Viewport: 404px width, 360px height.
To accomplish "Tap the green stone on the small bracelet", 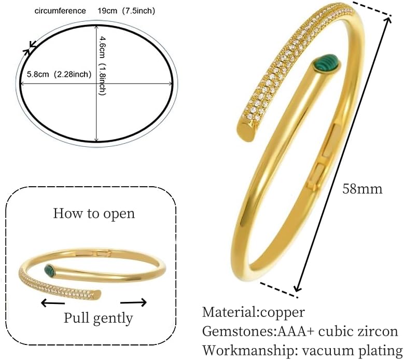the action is coord(51,270).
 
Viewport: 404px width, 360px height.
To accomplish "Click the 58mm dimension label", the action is coord(363,189).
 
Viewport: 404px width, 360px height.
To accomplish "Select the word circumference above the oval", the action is coord(60,11).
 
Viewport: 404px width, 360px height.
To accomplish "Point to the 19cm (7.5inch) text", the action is coord(126,11).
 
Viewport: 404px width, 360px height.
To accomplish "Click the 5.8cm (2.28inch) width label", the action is coord(59,75).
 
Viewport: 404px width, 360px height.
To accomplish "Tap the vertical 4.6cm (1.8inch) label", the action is coord(103,66).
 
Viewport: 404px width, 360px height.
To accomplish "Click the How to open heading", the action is coord(94,214).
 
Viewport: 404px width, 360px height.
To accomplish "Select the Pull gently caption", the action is coord(98,318).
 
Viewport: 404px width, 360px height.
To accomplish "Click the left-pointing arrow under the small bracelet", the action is coord(53,302).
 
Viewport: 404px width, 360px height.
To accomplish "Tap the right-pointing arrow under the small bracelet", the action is coord(133,302).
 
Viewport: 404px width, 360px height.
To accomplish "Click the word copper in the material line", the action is coord(282,313).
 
